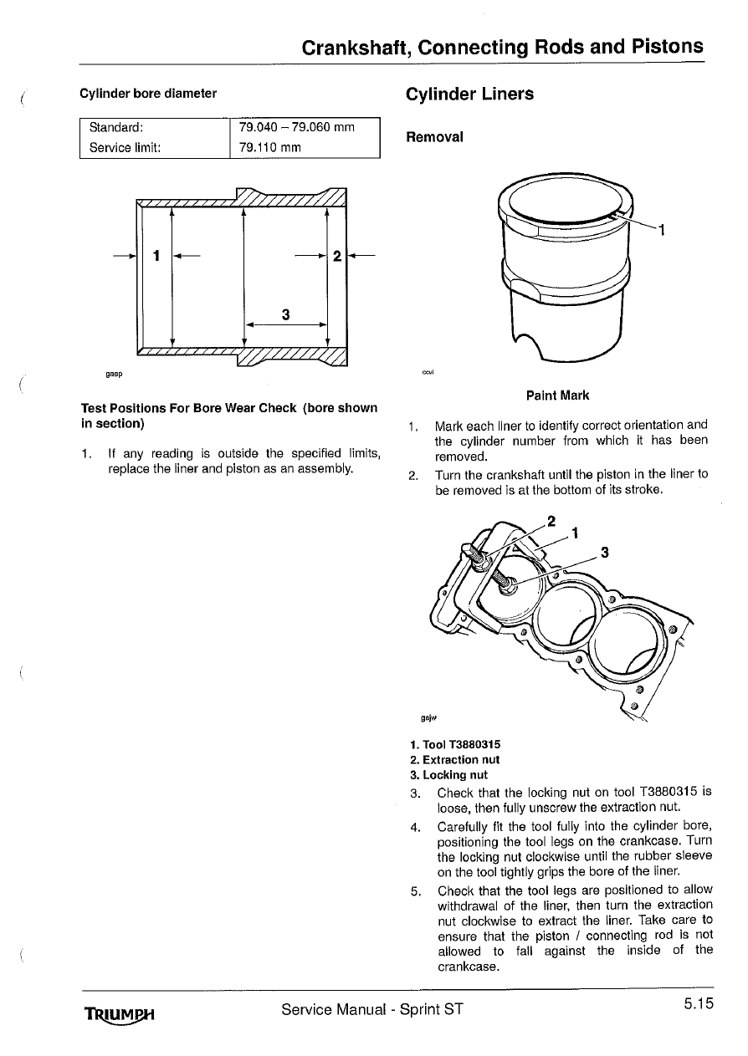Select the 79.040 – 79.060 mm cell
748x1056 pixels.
(x=297, y=128)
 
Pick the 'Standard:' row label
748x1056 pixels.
(x=116, y=128)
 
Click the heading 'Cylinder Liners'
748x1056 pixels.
(x=469, y=94)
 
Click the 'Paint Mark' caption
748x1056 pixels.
(x=557, y=395)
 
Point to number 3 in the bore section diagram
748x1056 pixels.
(x=285, y=314)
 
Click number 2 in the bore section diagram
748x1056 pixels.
(x=336, y=255)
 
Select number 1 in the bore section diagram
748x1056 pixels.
(x=156, y=255)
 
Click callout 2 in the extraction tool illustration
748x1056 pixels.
(x=551, y=520)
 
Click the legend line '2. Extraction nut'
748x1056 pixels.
(x=455, y=760)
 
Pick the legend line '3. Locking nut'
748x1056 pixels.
(x=448, y=775)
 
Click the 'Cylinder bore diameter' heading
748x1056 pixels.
(x=148, y=94)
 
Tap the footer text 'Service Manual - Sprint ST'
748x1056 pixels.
(x=371, y=1009)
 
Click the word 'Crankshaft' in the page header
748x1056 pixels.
(x=355, y=47)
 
